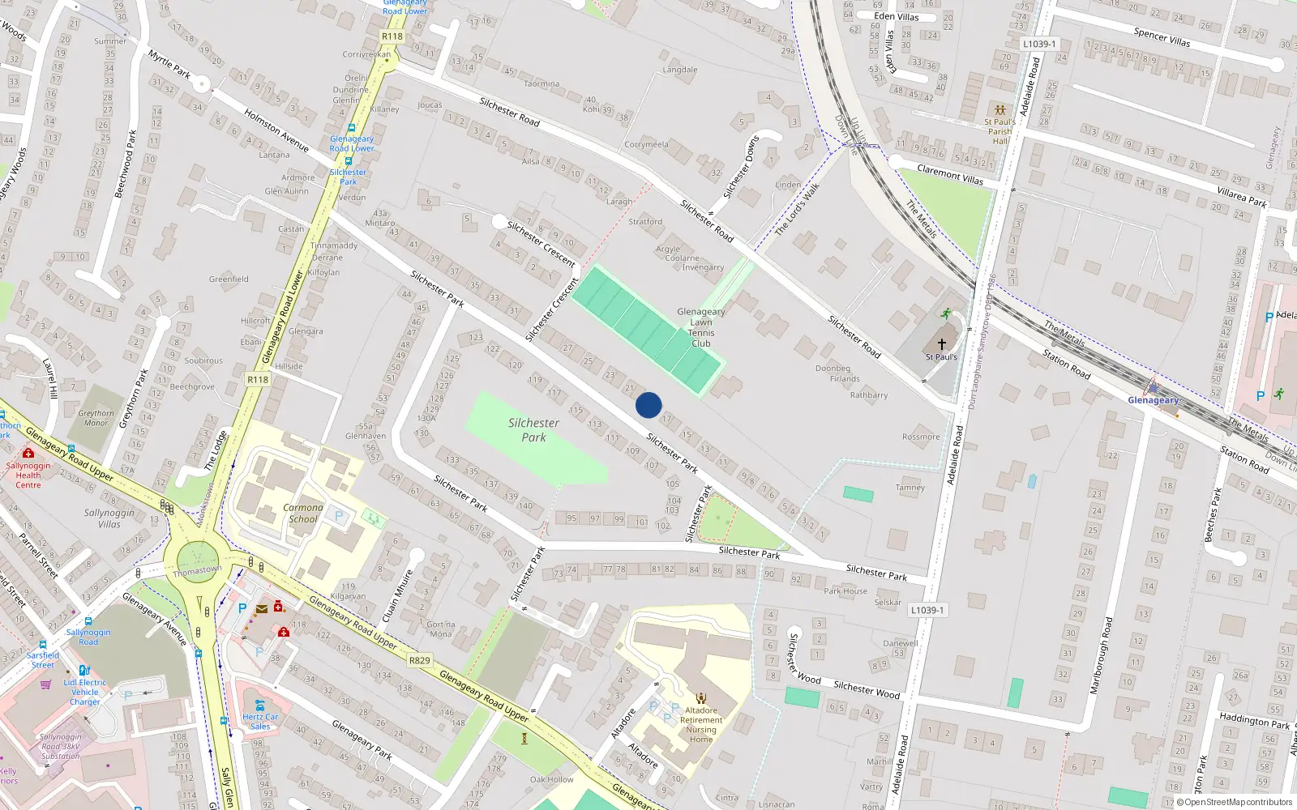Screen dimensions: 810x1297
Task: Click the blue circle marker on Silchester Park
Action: pos(648,405)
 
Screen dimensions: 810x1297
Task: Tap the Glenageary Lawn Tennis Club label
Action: pos(701,327)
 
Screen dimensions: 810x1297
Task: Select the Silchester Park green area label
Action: pos(533,430)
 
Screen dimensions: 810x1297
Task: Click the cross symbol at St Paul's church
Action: pos(942,344)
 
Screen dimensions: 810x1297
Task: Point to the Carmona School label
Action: pos(303,514)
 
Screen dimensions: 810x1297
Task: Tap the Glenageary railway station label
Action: pos(1153,400)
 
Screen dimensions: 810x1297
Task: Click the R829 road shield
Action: pos(419,660)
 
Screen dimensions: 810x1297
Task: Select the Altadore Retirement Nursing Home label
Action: pos(701,724)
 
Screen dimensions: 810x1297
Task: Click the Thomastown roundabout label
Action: pos(197,570)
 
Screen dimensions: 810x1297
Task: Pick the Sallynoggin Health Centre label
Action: pos(28,475)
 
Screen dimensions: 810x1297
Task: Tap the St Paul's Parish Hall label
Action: pos(1000,131)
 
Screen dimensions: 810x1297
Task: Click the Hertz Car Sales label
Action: pos(260,721)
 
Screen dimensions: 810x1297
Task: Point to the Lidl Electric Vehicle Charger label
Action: pos(85,692)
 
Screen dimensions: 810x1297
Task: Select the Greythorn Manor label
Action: pos(96,418)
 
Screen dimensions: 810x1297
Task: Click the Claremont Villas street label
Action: pos(950,174)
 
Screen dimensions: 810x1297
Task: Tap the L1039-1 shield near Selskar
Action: pos(927,610)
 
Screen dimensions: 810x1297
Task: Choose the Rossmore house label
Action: pos(921,437)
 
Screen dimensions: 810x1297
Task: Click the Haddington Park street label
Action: pos(1254,720)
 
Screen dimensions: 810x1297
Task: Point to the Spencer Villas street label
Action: pos(1162,36)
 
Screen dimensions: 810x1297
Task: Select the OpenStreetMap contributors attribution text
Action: pos(1238,803)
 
